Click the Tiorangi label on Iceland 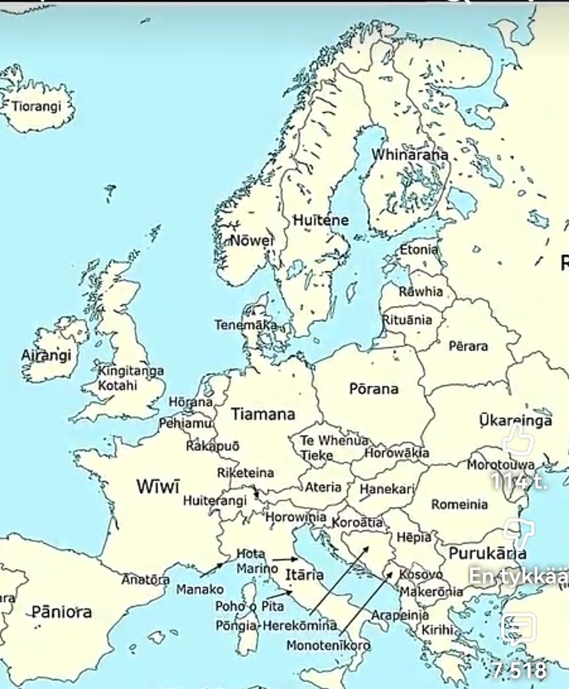tap(36, 107)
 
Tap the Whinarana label tap(409, 156)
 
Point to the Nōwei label tap(251, 241)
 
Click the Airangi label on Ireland tap(47, 355)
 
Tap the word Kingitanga tap(131, 371)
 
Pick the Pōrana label tap(373, 389)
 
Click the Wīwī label tap(158, 486)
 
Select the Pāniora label tap(61, 612)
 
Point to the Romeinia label tap(459, 505)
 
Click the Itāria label tap(304, 575)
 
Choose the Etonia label tap(419, 250)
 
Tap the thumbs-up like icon tap(518, 442)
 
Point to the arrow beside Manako tap(212, 569)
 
